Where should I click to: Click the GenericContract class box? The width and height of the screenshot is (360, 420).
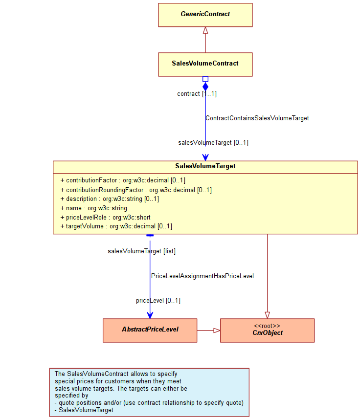pos(205,15)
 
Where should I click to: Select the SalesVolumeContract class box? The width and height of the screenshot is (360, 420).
pos(205,65)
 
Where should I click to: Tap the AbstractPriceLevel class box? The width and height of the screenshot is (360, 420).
pos(150,330)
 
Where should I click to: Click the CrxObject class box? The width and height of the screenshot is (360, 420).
pos(267,330)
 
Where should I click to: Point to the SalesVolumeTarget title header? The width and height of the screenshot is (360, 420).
pos(205,166)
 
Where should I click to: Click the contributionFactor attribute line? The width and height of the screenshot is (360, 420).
pos(123,180)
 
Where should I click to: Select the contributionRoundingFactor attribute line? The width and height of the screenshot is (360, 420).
pos(136,190)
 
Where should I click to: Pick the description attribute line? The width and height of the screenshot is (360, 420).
pos(110,199)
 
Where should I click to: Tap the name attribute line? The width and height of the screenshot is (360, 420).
pos(94,208)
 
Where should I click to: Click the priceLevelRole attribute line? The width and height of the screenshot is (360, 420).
pos(106,217)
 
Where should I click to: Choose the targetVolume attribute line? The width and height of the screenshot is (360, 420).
pos(116,226)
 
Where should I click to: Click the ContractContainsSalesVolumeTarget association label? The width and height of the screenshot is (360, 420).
pos(257,118)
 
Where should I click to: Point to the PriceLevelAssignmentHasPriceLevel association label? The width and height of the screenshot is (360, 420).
pos(202,276)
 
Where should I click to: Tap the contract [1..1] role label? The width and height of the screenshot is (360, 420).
pos(197,94)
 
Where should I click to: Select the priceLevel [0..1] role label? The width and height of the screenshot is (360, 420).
pos(158,301)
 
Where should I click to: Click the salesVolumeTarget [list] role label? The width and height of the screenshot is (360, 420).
pos(141,251)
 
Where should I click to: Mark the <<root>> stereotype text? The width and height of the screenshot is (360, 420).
pos(267,326)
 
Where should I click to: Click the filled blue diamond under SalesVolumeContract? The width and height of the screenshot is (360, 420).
pos(205,87)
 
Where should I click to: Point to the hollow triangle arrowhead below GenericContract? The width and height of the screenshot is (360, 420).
pos(205,30)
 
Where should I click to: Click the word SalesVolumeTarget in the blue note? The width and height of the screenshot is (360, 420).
pos(86,410)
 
